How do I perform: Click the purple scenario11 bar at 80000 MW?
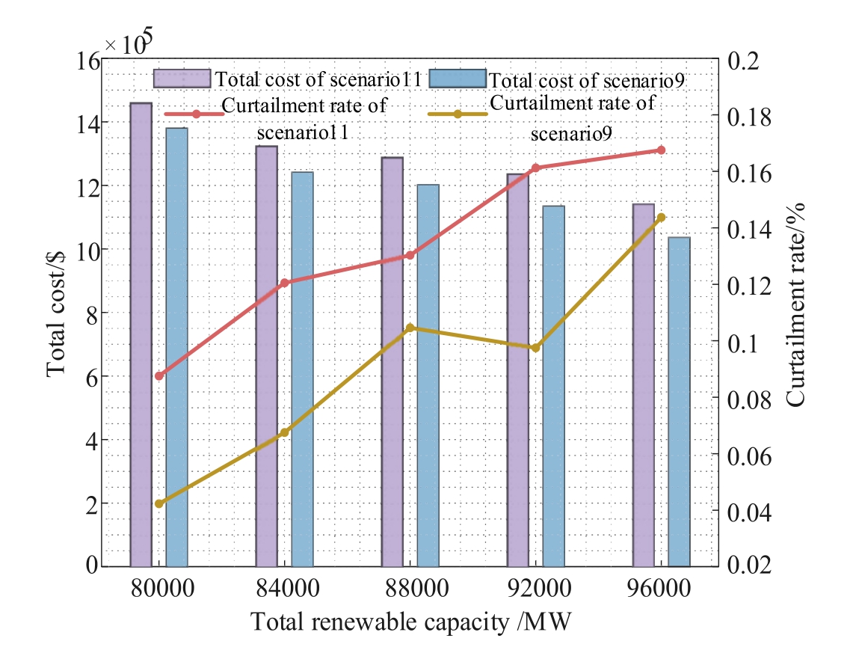click(x=141, y=334)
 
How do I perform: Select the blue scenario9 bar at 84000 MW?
click(x=303, y=370)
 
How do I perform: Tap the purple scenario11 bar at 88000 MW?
click(x=392, y=362)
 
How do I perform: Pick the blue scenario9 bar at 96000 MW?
click(x=680, y=402)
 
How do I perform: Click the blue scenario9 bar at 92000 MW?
click(x=553, y=386)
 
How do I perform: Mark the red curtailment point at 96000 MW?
click(x=661, y=150)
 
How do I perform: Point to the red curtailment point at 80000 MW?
click(x=158, y=375)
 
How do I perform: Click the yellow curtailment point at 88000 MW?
click(x=410, y=328)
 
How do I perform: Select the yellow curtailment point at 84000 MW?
click(x=285, y=432)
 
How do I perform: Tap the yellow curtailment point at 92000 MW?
click(x=535, y=348)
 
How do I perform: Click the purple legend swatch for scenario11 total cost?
click(x=182, y=79)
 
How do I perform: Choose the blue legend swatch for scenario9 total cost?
click(x=458, y=79)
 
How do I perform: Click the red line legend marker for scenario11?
click(x=196, y=114)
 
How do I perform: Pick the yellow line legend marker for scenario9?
click(x=458, y=114)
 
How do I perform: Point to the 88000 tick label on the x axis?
click(x=417, y=588)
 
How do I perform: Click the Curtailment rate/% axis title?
click(x=795, y=304)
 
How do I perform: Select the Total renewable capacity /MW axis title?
click(x=411, y=622)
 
